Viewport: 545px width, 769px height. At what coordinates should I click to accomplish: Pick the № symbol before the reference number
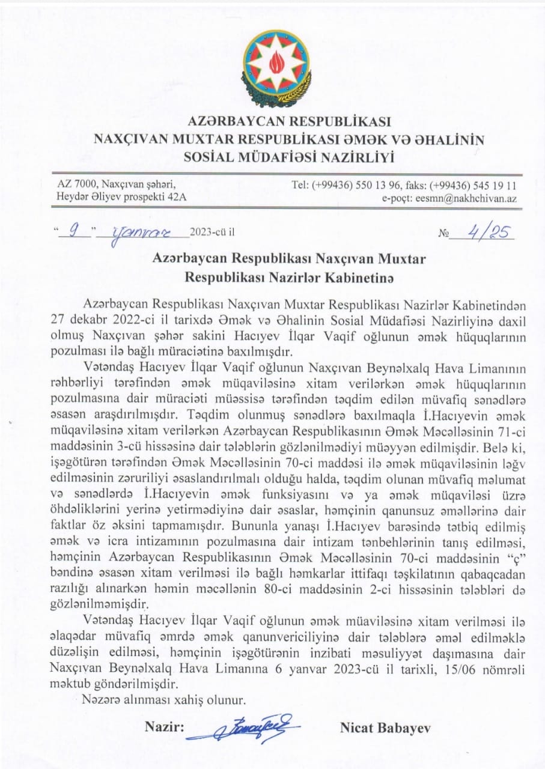click(x=444, y=233)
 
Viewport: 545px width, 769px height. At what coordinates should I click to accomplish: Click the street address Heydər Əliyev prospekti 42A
click(x=121, y=198)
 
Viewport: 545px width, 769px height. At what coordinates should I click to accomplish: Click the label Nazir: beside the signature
click(x=163, y=728)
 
